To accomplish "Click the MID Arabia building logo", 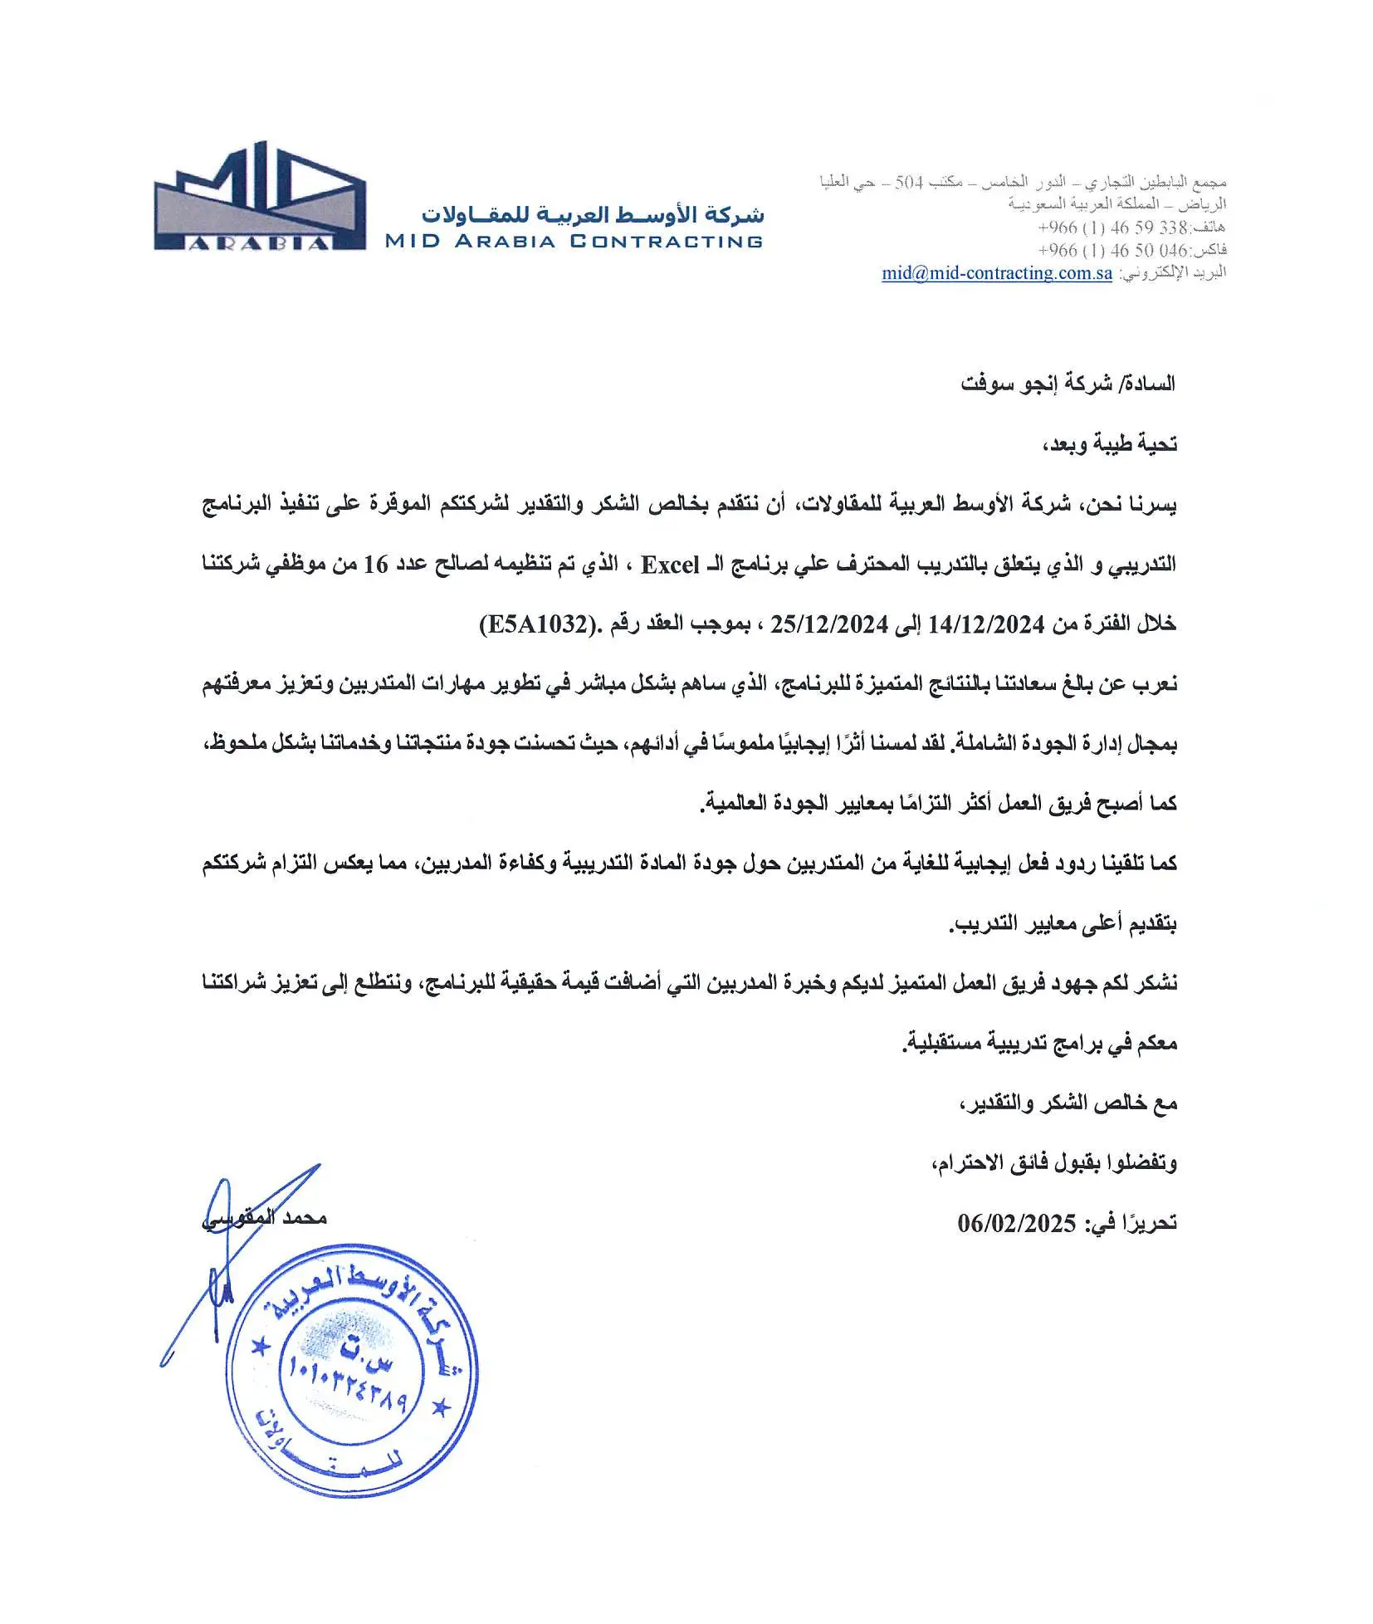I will (x=259, y=198).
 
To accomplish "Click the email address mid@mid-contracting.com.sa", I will (x=996, y=273).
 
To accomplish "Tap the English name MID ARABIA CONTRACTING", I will (x=573, y=242).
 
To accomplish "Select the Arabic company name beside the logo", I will (x=592, y=214).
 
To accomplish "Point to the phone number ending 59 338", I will (x=1112, y=227).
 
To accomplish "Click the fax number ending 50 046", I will (x=1112, y=250).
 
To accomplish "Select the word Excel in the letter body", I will (x=669, y=565).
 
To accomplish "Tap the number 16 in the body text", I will (x=375, y=565).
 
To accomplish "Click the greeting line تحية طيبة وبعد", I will (x=1109, y=444).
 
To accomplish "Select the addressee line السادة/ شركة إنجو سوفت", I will (x=1068, y=384).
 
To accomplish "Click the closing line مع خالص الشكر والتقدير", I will (x=1068, y=1103).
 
